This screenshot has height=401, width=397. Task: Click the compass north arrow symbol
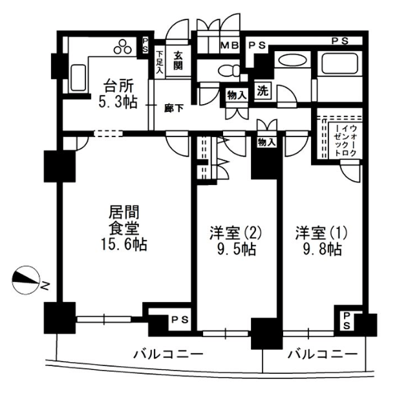26,281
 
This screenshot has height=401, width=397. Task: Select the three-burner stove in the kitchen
123,47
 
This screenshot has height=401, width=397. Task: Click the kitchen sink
78,78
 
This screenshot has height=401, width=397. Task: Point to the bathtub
339,63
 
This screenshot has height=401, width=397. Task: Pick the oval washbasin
292,61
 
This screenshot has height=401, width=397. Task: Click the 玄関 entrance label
178,60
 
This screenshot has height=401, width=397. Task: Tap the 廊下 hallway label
174,109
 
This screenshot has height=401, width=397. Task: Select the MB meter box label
230,45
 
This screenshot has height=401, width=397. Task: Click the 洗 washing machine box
263,91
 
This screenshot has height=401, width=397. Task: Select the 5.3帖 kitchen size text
118,102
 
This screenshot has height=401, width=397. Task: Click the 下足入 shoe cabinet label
160,62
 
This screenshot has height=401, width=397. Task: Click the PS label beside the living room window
180,320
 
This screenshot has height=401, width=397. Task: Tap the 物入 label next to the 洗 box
237,96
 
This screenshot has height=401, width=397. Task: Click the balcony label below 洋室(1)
323,354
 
